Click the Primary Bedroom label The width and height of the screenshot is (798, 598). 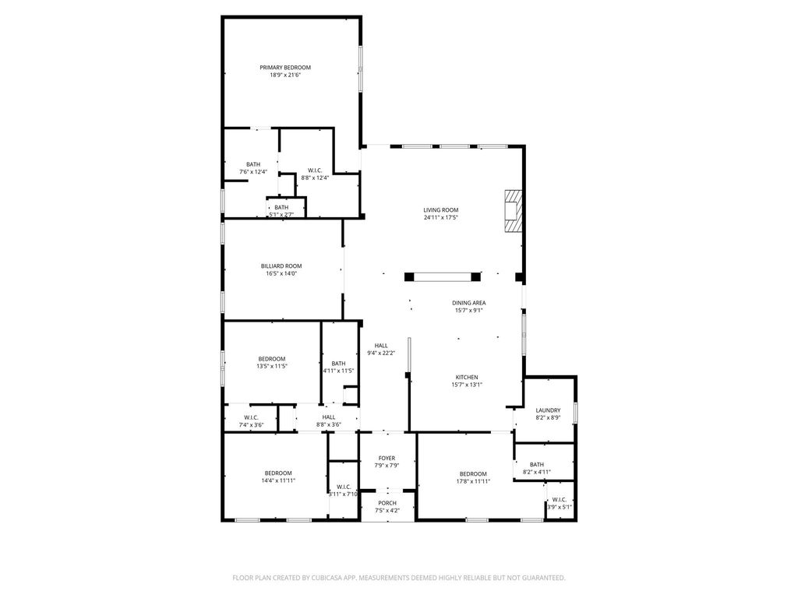(x=285, y=68)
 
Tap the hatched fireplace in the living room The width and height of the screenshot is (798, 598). (x=513, y=212)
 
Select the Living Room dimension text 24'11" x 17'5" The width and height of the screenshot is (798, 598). (x=441, y=218)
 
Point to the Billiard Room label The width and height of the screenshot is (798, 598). (x=281, y=266)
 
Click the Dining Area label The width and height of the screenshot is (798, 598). (x=468, y=303)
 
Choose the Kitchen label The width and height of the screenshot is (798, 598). (x=467, y=378)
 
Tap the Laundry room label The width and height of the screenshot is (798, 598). (x=548, y=410)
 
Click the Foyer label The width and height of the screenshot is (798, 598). (x=387, y=458)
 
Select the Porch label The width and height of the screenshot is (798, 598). (x=387, y=503)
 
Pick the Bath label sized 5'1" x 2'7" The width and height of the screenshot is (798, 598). (x=281, y=207)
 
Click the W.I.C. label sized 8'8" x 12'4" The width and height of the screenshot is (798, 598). (x=315, y=171)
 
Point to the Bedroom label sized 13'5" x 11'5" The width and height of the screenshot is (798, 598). (x=272, y=359)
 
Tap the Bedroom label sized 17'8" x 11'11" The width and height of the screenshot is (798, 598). (x=473, y=474)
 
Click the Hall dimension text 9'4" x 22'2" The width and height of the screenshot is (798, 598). (x=381, y=353)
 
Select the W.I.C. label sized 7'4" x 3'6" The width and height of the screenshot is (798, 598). (x=252, y=417)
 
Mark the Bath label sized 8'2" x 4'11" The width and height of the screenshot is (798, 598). (x=537, y=464)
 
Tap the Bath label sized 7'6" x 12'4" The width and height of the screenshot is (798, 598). (x=253, y=164)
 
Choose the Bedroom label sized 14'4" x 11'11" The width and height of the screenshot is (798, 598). (x=278, y=473)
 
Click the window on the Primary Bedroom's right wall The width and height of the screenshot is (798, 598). (x=360, y=69)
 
